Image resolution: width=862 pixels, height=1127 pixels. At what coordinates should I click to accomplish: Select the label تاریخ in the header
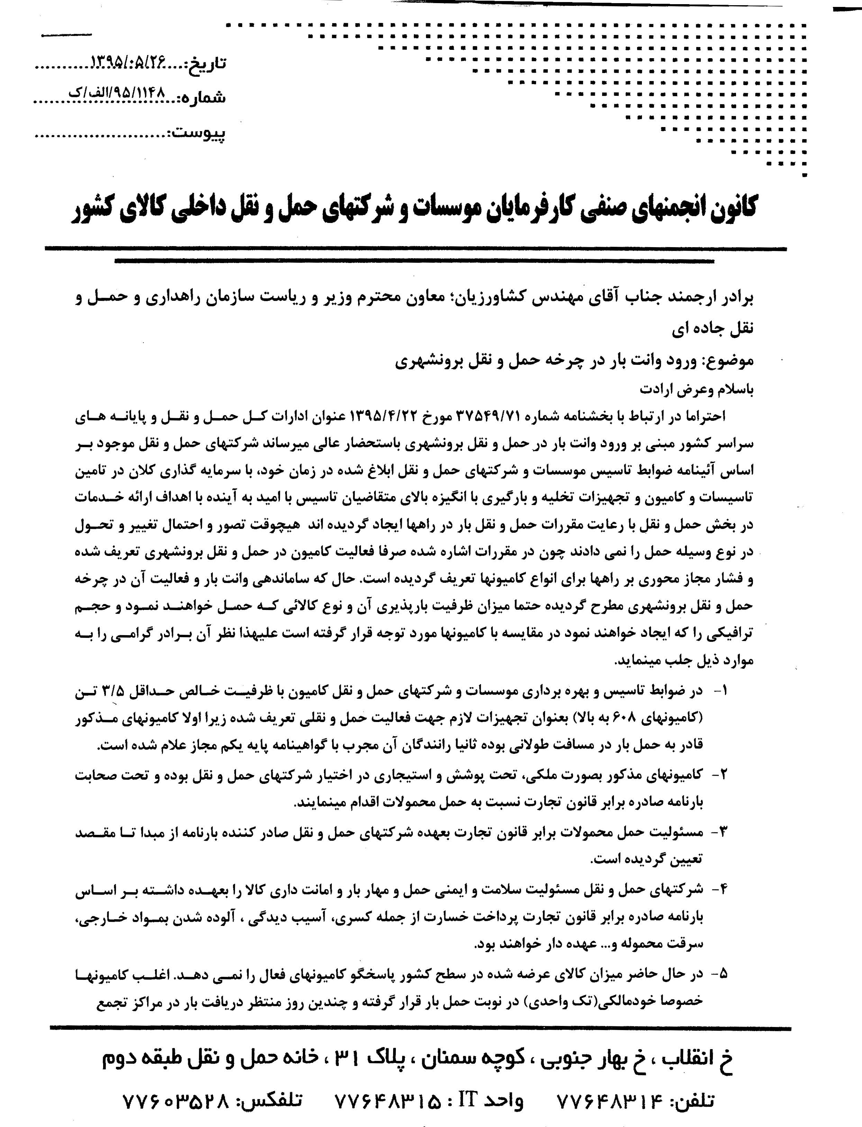(208, 64)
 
